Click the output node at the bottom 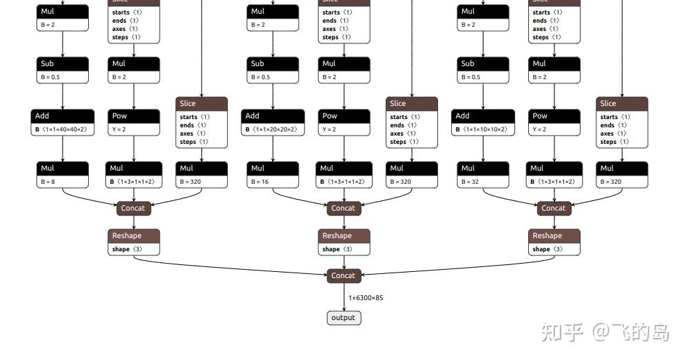[x=343, y=317]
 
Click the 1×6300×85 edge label [x=366, y=298]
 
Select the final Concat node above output [x=343, y=275]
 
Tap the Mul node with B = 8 [x=63, y=175]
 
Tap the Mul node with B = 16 [x=273, y=175]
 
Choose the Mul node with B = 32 [x=483, y=175]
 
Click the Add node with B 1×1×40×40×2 [x=63, y=123]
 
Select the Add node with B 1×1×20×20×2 [x=273, y=123]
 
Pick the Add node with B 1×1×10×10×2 [x=483, y=123]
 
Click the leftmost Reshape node [x=134, y=242]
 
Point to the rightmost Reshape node [x=554, y=242]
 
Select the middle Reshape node [x=344, y=242]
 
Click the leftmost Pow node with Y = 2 [x=134, y=123]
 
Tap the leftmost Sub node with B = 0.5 [x=63, y=70]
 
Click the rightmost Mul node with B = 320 [x=622, y=175]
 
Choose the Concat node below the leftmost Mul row [x=133, y=208]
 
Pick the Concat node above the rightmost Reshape [x=554, y=208]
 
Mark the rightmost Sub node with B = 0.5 [x=483, y=70]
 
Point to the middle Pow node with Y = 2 [x=344, y=123]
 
